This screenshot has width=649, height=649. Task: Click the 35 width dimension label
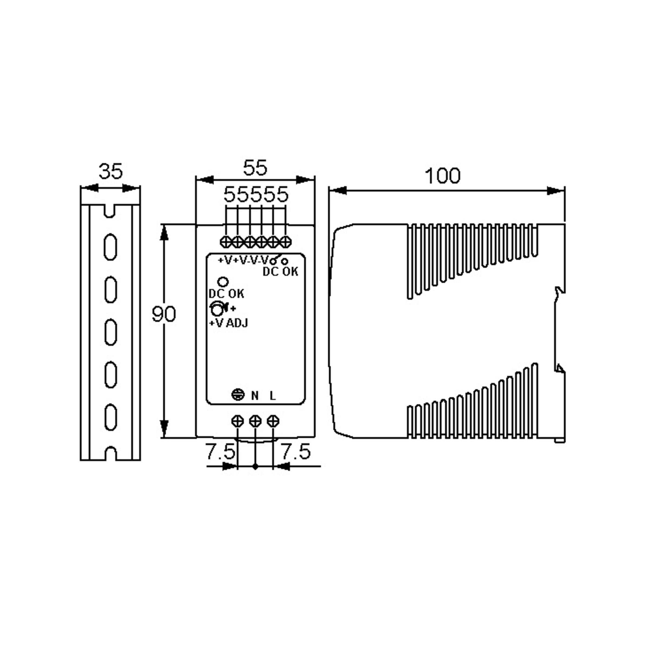(111, 172)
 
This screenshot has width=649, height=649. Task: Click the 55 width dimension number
(255, 168)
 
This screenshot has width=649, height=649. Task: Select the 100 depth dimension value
(442, 176)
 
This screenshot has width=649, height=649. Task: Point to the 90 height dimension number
(164, 314)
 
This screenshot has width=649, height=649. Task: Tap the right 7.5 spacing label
(295, 452)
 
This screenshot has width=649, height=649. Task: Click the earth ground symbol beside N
(238, 395)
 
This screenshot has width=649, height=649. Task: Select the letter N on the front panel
(255, 396)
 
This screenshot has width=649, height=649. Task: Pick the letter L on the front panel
(273, 396)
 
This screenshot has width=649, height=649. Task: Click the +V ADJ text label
(229, 323)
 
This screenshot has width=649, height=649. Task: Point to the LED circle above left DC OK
(223, 282)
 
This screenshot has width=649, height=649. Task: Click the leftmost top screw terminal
(226, 242)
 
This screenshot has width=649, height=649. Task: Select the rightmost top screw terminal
(286, 242)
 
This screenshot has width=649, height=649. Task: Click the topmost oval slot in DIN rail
(111, 247)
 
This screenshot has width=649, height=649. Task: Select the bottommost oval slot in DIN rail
(111, 417)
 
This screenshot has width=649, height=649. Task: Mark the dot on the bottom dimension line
(255, 466)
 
